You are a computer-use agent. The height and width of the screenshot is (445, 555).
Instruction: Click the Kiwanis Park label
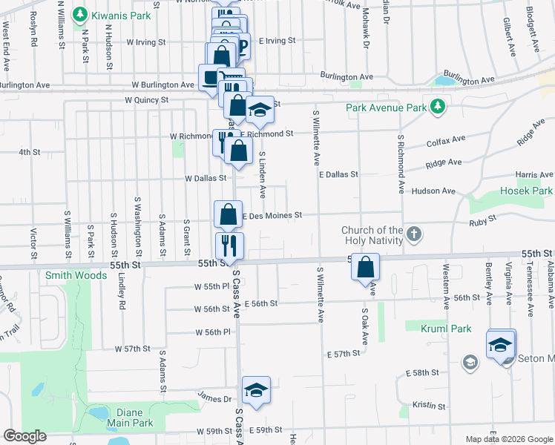click(122, 15)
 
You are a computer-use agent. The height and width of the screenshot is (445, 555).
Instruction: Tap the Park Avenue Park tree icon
click(438, 106)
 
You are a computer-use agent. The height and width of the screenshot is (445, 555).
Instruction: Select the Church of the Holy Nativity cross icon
click(414, 235)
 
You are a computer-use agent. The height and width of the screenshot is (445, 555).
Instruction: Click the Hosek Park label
click(527, 191)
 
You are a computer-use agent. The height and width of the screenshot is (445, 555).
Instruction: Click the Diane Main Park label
click(124, 418)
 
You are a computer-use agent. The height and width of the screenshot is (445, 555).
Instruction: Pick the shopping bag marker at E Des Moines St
click(229, 215)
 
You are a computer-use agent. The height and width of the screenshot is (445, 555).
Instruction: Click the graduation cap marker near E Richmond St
click(260, 111)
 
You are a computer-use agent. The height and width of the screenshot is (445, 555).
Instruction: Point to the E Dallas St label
click(338, 174)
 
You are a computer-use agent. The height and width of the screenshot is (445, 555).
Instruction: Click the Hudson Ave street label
click(438, 191)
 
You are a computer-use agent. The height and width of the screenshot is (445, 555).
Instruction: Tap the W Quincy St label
click(147, 99)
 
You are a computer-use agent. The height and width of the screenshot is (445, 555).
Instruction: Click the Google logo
click(24, 436)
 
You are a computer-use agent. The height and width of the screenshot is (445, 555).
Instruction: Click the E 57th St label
click(343, 355)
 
